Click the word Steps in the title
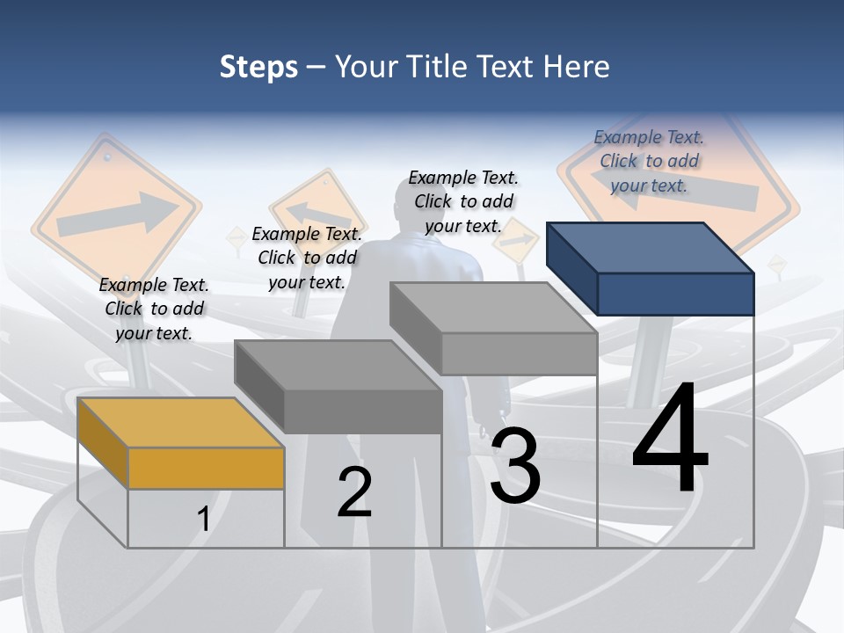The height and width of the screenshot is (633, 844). click(x=258, y=67)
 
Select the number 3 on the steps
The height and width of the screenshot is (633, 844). click(x=515, y=465)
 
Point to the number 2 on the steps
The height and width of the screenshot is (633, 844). click(x=355, y=491)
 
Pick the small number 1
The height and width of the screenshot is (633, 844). click(x=203, y=519)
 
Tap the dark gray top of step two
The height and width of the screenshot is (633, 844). click(x=338, y=365)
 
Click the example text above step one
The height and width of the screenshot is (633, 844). click(x=154, y=309)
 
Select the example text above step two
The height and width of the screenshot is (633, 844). click(x=307, y=258)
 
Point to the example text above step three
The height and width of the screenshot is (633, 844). click(x=463, y=201)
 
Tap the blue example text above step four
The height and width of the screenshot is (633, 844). click(x=649, y=161)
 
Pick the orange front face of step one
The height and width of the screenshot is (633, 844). click(x=206, y=468)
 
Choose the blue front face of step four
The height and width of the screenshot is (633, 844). click(x=675, y=294)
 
